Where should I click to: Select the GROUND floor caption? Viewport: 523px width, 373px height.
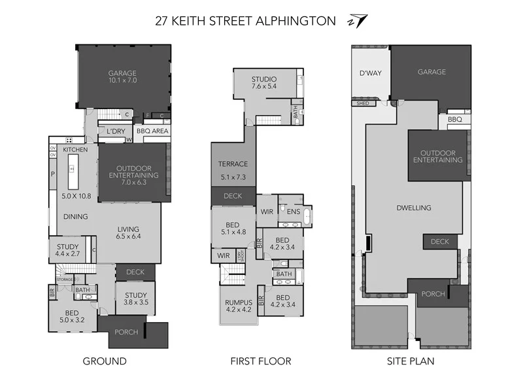(105, 361)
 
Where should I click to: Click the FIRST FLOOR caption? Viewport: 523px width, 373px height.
(261, 361)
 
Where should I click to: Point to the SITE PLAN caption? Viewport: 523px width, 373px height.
(411, 361)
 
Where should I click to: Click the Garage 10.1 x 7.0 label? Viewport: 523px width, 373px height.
(123, 76)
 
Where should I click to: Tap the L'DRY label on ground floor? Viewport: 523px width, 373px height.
(116, 131)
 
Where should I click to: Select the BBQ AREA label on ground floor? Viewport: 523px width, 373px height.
(152, 131)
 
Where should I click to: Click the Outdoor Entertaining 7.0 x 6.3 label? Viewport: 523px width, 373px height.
(133, 175)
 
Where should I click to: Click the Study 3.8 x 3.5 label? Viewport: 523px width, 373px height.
(136, 299)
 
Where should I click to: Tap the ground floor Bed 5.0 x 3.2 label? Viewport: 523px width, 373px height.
(73, 316)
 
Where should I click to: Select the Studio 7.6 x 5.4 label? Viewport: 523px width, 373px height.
(264, 82)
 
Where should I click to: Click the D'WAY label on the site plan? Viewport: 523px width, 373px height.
(370, 73)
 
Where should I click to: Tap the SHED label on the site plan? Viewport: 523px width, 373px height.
(362, 103)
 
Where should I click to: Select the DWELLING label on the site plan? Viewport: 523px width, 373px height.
(414, 208)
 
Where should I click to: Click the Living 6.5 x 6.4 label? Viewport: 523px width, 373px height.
(129, 233)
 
